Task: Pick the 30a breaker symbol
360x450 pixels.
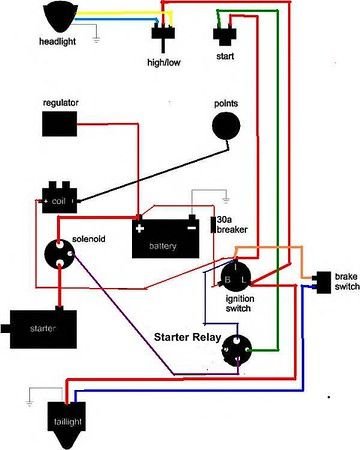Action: pyautogui.click(x=212, y=227)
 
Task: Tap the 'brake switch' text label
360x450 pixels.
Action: pyautogui.click(x=346, y=280)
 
